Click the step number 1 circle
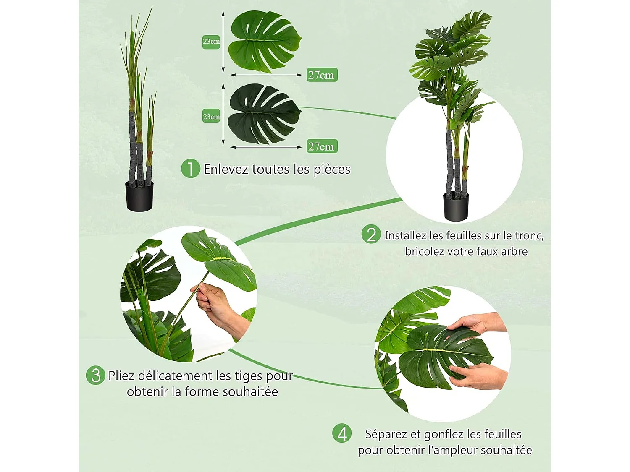click(190, 169)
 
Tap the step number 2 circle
click(371, 235)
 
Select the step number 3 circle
click(95, 375)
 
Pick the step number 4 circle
click(342, 433)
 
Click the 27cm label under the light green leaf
click(322, 75)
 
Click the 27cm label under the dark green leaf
click(322, 146)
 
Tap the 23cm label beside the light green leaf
click(211, 42)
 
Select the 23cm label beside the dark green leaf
click(211, 117)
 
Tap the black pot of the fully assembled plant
click(456, 207)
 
